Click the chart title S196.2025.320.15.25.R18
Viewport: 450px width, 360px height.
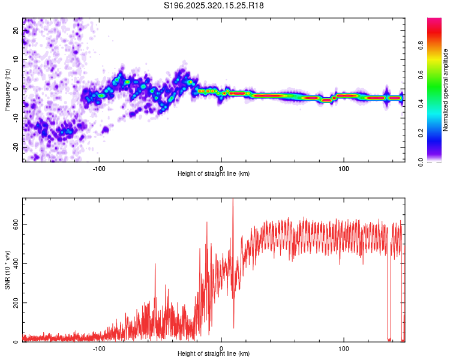coord(214,5)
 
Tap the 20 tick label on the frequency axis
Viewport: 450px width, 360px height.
coord(16,31)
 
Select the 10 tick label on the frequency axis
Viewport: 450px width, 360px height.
coord(16,60)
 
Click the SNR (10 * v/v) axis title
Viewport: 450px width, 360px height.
coord(7,270)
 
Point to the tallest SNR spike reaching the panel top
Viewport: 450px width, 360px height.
coord(233,201)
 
